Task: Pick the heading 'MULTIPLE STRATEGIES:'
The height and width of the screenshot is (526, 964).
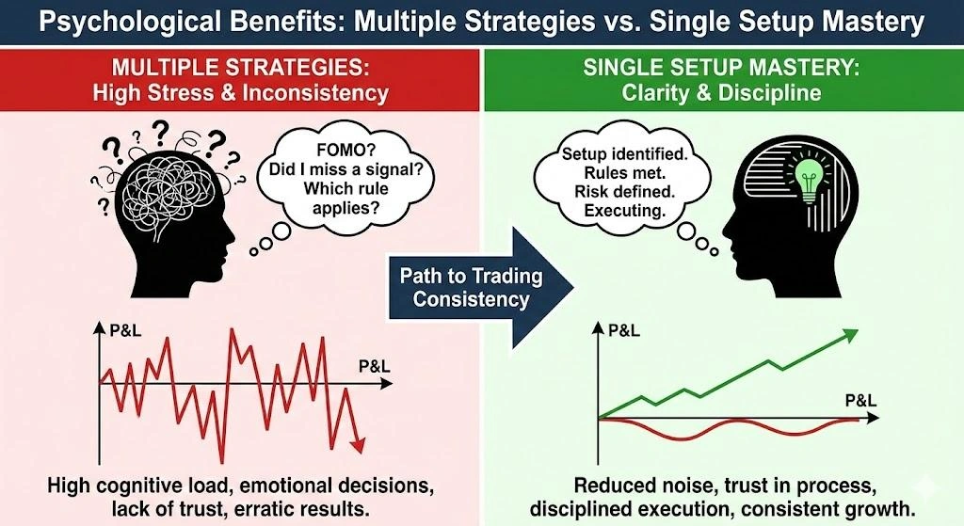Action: coord(241,68)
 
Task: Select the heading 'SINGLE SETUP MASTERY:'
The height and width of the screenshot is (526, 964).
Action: coord(721,68)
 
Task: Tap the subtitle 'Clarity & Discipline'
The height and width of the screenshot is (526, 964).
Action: coord(721,93)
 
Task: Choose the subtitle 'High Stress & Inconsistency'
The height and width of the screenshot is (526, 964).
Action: coord(241,93)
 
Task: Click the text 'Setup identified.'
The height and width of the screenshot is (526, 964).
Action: coord(613,152)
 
